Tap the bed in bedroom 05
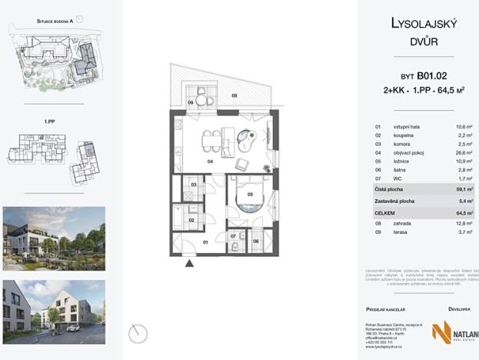pos(249,198)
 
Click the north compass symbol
pos(138,333)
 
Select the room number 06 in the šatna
pos(256,241)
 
